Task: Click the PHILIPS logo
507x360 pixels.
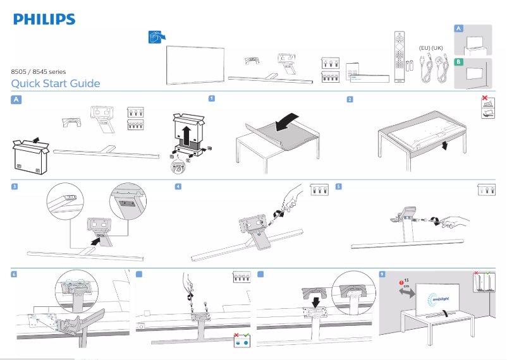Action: tap(44, 20)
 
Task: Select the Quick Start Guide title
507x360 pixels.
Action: tap(56, 83)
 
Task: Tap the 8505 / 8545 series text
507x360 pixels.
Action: tap(39, 72)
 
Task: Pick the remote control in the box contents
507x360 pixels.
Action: tap(398, 56)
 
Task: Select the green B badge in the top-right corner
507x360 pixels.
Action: tap(459, 62)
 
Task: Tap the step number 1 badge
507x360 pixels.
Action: tap(212, 99)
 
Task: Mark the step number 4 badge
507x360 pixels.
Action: tap(178, 186)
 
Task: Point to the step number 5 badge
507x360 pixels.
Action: tap(339, 186)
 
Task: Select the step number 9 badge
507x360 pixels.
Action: tap(382, 273)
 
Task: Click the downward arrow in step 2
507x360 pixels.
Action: tap(445, 146)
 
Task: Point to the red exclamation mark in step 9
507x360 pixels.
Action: tap(400, 281)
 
